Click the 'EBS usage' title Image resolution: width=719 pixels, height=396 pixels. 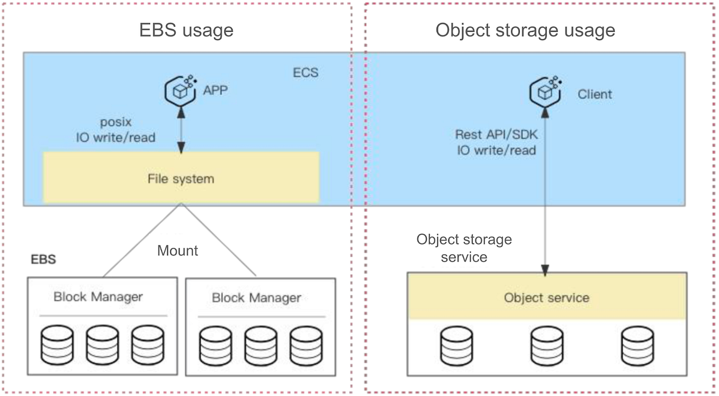coord(186,30)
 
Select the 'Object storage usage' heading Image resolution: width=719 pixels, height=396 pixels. coord(525,30)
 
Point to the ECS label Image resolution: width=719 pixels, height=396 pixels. coord(305,73)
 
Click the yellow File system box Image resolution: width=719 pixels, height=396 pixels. coord(181,178)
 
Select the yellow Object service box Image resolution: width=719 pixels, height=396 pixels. coord(546,297)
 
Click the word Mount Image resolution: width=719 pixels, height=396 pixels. coord(177,250)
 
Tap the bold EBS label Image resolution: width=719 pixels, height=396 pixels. coord(43,260)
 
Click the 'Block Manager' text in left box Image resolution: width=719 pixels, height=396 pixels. coord(98,296)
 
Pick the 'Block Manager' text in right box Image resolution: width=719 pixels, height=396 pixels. coord(256,298)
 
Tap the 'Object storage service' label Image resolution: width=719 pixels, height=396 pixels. coord(464,248)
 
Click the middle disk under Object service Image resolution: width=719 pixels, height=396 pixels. coord(546,344)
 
